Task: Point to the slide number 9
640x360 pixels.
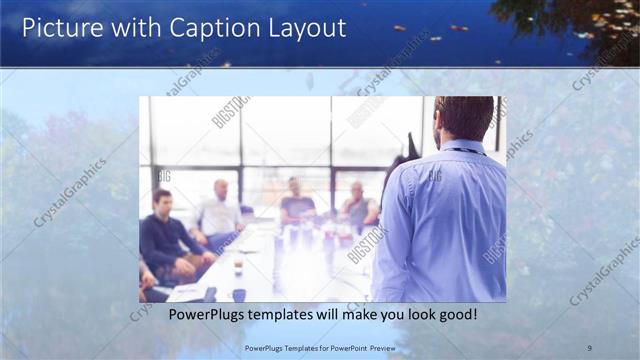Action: [589, 347]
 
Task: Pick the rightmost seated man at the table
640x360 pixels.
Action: [357, 205]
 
